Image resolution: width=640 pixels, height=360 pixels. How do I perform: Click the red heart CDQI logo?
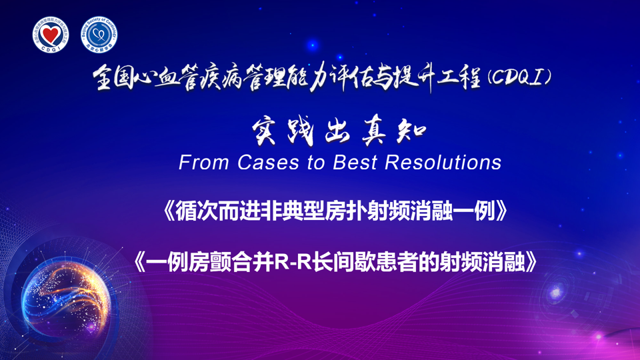(x=51, y=35)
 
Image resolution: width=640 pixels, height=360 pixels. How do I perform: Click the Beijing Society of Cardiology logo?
(x=99, y=35)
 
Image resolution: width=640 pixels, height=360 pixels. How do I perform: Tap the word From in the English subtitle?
(x=203, y=163)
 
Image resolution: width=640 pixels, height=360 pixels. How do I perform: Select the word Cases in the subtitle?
(x=268, y=163)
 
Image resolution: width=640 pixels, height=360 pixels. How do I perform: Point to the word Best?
(x=355, y=163)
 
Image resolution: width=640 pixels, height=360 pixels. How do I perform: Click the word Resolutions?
(x=443, y=163)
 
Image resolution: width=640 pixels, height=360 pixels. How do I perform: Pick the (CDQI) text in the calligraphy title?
(x=519, y=77)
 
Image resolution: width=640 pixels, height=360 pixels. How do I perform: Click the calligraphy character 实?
(x=264, y=132)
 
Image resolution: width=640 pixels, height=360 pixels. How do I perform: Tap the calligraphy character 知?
(x=411, y=132)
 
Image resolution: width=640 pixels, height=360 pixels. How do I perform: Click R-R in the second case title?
(x=293, y=262)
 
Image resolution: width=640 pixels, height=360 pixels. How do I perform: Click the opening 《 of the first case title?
(x=169, y=211)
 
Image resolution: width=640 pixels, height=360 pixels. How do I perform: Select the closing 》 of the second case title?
(x=531, y=262)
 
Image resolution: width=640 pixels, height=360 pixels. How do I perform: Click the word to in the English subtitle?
(x=316, y=163)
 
